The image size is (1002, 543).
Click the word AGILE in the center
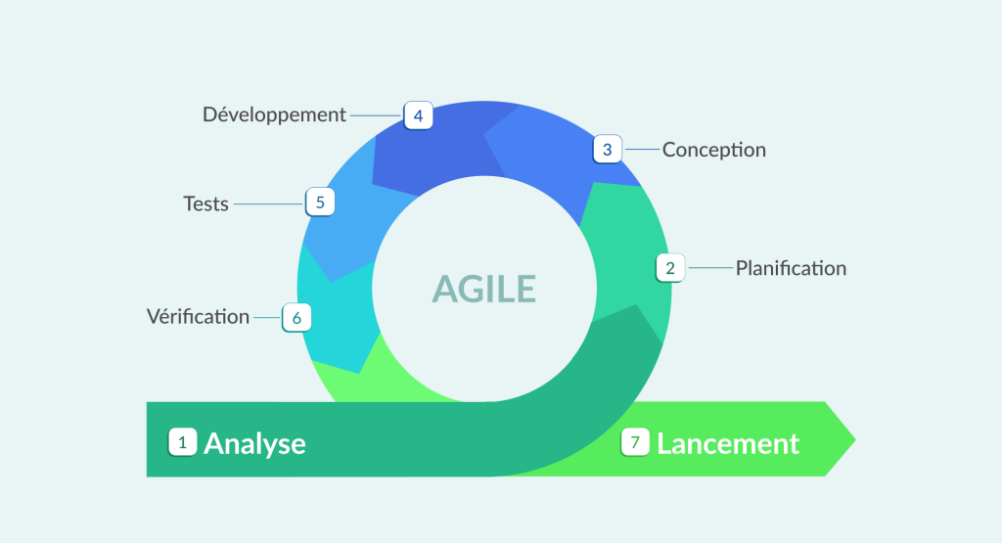coord(484,289)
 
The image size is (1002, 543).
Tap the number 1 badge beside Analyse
coord(182,442)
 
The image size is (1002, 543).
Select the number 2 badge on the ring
coord(670,267)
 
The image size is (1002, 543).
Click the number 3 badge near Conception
coord(607,150)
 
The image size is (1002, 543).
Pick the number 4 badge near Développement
coord(418,115)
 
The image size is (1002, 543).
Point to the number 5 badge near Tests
coord(319,203)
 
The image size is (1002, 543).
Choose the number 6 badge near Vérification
coord(296,317)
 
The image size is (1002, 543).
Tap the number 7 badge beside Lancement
coord(635,442)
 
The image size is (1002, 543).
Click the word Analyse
coord(254,443)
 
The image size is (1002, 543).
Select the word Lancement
coord(728,443)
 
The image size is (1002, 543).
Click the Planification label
coord(791,268)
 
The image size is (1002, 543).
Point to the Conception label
coord(713,150)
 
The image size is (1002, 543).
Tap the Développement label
coord(274,114)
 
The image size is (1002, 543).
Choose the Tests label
coord(205,204)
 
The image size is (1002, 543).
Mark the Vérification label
coord(198,317)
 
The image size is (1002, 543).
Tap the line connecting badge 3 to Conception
coord(642,150)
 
